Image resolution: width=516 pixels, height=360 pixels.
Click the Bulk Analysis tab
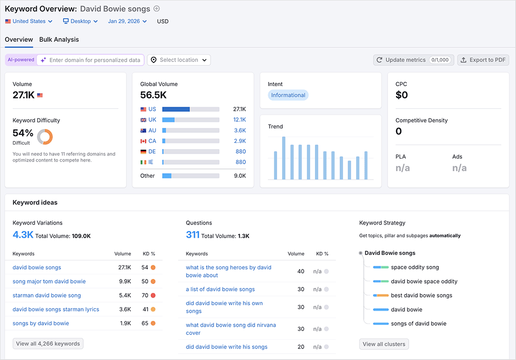(x=59, y=39)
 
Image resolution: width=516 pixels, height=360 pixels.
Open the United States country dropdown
(x=29, y=21)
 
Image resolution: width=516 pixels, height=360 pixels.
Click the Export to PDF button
(x=483, y=60)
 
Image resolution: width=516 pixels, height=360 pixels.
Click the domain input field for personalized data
(x=94, y=60)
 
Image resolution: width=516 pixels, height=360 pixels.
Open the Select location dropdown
(x=179, y=60)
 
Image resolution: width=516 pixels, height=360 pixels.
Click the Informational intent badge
(x=288, y=95)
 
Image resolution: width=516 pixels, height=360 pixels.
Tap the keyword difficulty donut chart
(x=45, y=136)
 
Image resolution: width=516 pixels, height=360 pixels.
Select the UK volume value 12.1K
(x=239, y=120)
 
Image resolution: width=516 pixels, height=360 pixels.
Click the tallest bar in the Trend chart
(x=284, y=158)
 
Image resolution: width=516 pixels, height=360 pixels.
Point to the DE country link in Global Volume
(x=152, y=152)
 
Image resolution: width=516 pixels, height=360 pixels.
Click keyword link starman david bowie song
(x=46, y=296)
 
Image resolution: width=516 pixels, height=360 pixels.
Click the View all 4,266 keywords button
(x=48, y=344)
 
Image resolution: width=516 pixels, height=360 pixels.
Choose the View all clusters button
(x=384, y=344)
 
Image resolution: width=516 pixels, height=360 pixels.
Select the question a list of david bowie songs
(x=220, y=290)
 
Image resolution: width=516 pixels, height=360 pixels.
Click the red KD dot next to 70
(x=153, y=296)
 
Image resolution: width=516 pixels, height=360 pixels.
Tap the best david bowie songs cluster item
(x=421, y=296)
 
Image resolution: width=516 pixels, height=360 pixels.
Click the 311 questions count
(x=192, y=235)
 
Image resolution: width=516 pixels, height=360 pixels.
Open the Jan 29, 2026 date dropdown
(x=127, y=21)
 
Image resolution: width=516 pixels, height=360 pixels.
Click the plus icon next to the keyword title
(x=156, y=9)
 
